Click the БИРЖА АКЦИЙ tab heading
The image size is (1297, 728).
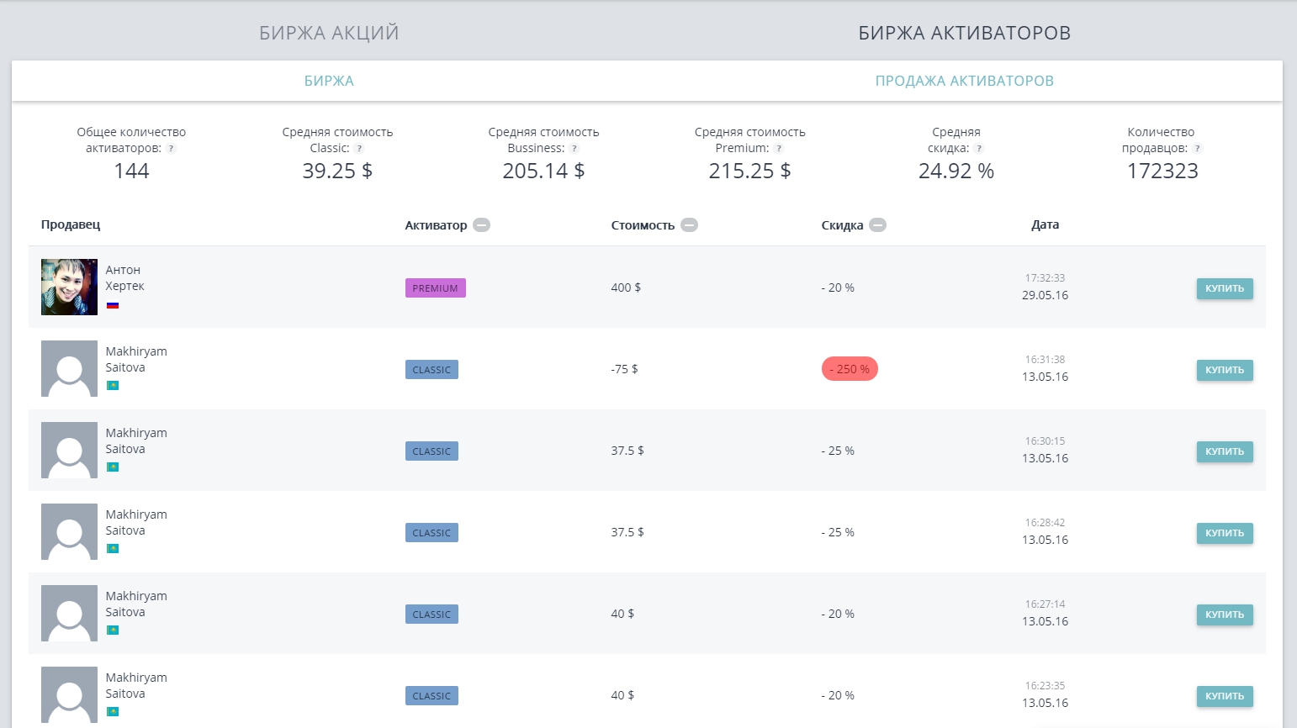[329, 33]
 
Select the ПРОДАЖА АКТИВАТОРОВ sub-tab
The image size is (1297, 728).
[964, 81]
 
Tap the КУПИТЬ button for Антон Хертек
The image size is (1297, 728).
[1224, 288]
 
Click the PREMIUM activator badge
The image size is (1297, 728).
[435, 288]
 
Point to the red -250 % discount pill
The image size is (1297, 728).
[850, 369]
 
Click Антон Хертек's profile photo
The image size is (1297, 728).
[69, 287]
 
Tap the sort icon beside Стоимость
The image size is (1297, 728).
[689, 225]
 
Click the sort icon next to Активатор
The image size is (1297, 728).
[481, 225]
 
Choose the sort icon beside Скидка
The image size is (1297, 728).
[877, 225]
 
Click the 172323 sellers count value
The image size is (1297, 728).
[1162, 171]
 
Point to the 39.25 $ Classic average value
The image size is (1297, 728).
[337, 171]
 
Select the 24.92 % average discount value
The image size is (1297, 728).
[956, 171]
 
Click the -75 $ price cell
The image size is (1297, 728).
[624, 369]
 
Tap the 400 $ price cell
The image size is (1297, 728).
[626, 288]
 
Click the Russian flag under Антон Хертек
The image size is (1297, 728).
[113, 305]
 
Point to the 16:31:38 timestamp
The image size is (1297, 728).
[1045, 359]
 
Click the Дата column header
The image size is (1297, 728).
[1045, 224]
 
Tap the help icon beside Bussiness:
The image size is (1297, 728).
[574, 149]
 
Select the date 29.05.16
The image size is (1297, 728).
[1045, 295]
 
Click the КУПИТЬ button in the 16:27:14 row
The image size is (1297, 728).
[1224, 615]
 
